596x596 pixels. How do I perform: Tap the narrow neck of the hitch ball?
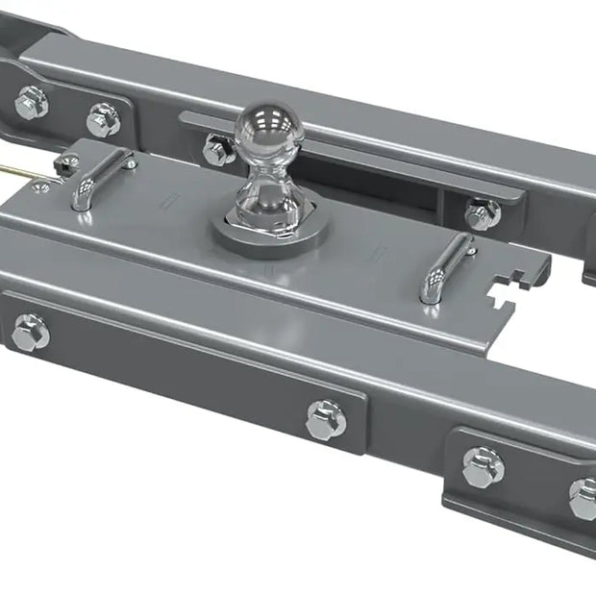click(x=264, y=179)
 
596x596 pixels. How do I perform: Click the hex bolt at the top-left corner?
click(x=31, y=102)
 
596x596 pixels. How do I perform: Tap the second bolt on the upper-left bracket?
click(x=103, y=119)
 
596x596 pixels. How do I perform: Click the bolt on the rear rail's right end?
click(x=482, y=213)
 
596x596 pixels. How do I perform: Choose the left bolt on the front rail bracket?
click(x=31, y=332)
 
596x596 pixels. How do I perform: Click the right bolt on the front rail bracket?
click(x=326, y=419)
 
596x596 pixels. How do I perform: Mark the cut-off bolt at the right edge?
click(x=584, y=498)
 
